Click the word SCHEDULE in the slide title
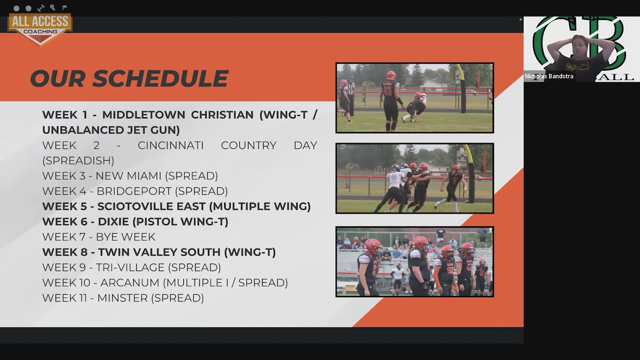160,79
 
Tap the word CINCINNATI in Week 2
171,145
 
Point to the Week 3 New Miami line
130,176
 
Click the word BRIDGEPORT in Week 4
134,191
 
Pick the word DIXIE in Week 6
113,222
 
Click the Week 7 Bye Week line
99,237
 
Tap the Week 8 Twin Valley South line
159,252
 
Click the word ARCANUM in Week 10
130,283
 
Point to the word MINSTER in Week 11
122,298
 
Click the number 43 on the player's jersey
387,90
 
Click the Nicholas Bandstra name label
549,76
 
